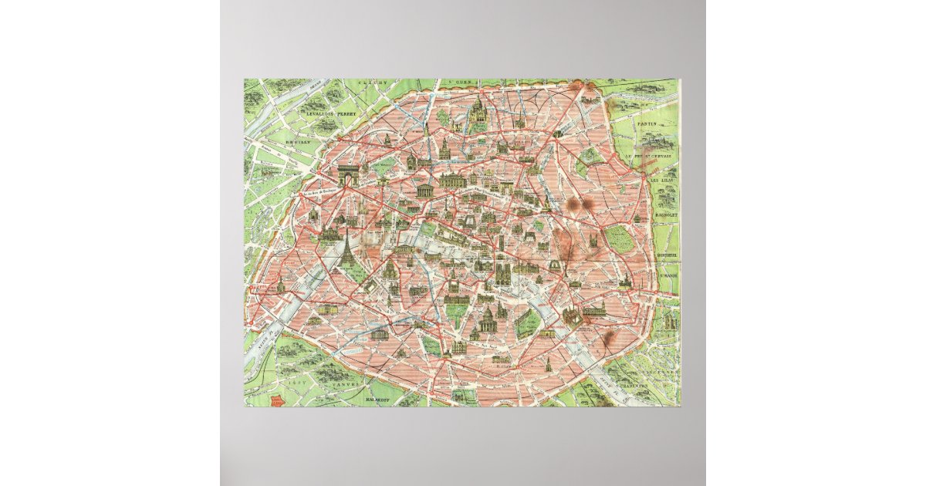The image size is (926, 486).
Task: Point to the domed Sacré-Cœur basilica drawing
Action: click(x=478, y=108)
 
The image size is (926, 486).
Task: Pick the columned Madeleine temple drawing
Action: click(x=424, y=189)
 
